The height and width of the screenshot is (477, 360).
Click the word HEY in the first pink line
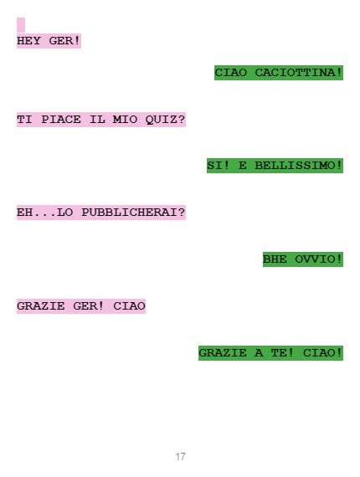pyautogui.click(x=28, y=41)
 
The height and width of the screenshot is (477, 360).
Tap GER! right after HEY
pyautogui.click(x=64, y=41)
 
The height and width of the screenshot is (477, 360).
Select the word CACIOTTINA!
pyautogui.click(x=299, y=73)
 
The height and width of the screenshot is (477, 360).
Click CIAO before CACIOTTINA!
pyautogui.click(x=231, y=73)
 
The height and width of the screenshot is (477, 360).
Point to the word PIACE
pyautogui.click(x=61, y=119)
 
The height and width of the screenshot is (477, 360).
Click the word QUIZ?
pyautogui.click(x=165, y=119)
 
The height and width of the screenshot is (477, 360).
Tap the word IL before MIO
pyautogui.click(x=97, y=119)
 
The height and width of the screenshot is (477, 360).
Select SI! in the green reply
pyautogui.click(x=219, y=166)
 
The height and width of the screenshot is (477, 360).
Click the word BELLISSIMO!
pyautogui.click(x=299, y=166)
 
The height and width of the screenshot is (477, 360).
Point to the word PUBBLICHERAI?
pyautogui.click(x=133, y=213)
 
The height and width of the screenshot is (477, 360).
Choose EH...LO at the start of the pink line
pyautogui.click(x=44, y=213)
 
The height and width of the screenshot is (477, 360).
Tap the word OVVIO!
pyautogui.click(x=319, y=259)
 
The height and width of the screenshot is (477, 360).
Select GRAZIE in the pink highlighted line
pyautogui.click(x=41, y=305)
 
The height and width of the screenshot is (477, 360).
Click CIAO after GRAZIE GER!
pyautogui.click(x=129, y=305)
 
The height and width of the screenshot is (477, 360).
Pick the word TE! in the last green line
pyautogui.click(x=283, y=353)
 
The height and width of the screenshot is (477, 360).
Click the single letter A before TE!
pyautogui.click(x=259, y=353)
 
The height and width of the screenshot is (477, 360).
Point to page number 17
pyautogui.click(x=180, y=456)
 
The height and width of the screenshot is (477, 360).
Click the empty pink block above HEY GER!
pyautogui.click(x=21, y=25)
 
